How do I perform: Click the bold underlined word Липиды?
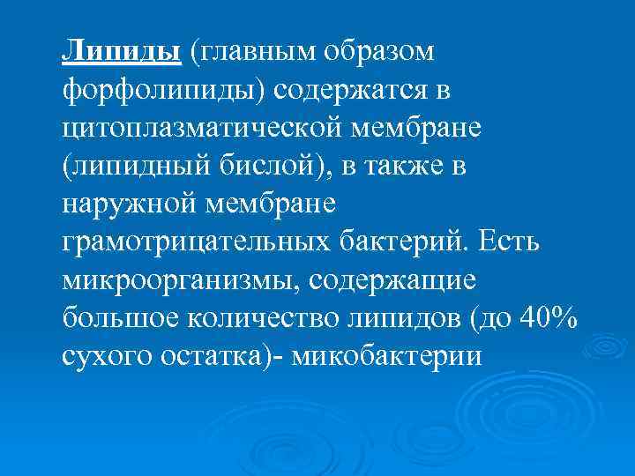[122, 52]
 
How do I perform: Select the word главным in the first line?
[255, 52]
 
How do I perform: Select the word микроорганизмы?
[172, 281]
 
